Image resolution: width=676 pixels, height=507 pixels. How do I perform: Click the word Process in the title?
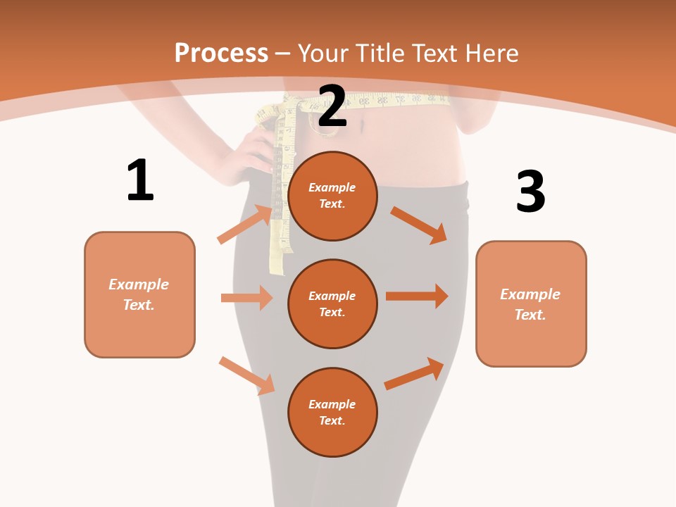click(221, 54)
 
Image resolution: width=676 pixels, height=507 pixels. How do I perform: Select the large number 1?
click(140, 180)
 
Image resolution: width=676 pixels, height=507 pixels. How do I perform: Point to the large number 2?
click(332, 106)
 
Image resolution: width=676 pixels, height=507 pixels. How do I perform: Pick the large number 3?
click(530, 192)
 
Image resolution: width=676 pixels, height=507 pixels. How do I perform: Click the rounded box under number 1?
click(139, 294)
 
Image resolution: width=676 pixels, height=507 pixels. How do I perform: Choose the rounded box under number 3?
click(531, 303)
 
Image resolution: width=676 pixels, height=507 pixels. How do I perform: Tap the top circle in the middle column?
click(332, 196)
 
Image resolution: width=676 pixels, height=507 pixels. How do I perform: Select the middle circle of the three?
click(332, 303)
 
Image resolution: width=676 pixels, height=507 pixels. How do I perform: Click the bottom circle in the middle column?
click(332, 412)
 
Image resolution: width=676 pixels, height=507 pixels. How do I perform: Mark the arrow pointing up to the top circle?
click(245, 224)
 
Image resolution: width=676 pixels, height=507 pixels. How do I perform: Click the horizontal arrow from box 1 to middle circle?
click(246, 298)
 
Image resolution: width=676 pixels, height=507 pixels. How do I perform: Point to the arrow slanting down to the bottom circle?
click(247, 375)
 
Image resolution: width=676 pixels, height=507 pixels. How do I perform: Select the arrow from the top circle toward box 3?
click(418, 225)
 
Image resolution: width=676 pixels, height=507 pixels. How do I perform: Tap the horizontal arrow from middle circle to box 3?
click(417, 296)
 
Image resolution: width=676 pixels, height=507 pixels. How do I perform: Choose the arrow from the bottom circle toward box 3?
click(414, 374)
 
